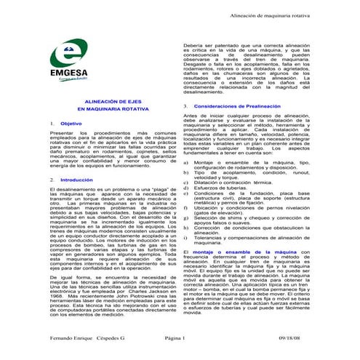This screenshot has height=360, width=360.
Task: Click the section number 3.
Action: (185, 106)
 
